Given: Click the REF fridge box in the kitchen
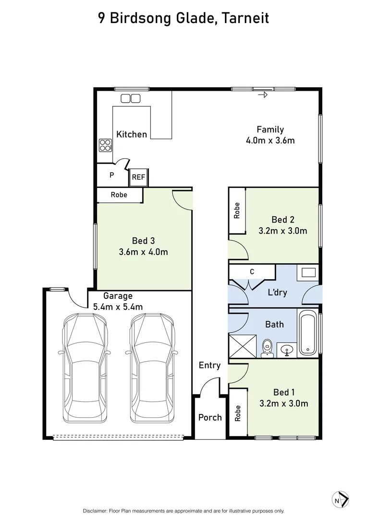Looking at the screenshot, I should (x=138, y=177).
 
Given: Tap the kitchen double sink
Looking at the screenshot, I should (x=130, y=98).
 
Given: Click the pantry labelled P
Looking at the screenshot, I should (x=111, y=175).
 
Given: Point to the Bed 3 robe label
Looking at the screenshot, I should (x=119, y=195).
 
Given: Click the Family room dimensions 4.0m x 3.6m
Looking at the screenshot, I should (x=269, y=141).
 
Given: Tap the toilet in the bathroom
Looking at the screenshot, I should (x=267, y=348).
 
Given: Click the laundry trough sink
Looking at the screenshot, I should (x=308, y=273).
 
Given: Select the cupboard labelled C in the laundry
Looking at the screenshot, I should (x=252, y=272).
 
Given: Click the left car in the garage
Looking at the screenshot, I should (x=84, y=367).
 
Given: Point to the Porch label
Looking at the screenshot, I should (x=210, y=417).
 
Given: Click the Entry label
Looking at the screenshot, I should (x=209, y=365).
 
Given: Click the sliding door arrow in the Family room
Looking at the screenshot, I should (x=262, y=95).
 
